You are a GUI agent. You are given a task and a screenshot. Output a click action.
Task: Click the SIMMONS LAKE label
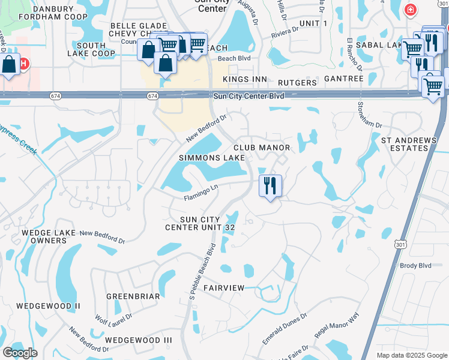[212, 158]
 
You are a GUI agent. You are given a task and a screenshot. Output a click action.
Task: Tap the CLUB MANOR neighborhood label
[262, 148]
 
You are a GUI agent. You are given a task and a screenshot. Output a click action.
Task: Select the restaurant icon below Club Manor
[270, 185]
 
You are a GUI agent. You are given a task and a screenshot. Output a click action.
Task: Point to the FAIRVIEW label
[224, 288]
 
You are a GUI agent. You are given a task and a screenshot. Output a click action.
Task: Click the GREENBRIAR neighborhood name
[133, 296]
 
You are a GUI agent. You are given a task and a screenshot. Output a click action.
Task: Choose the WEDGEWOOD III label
[138, 340]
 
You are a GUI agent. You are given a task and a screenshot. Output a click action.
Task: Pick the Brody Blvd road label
[415, 265]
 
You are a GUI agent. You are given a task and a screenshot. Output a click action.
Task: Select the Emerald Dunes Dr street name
[285, 328]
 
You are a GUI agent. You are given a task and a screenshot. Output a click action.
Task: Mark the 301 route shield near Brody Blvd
[400, 244]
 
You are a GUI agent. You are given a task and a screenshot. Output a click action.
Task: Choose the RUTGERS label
[297, 82]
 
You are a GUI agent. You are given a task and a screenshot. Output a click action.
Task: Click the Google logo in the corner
[20, 353]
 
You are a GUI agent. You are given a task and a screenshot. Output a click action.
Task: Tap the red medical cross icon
[410, 10]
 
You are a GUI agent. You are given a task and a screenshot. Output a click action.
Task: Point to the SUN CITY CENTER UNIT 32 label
[200, 223]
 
